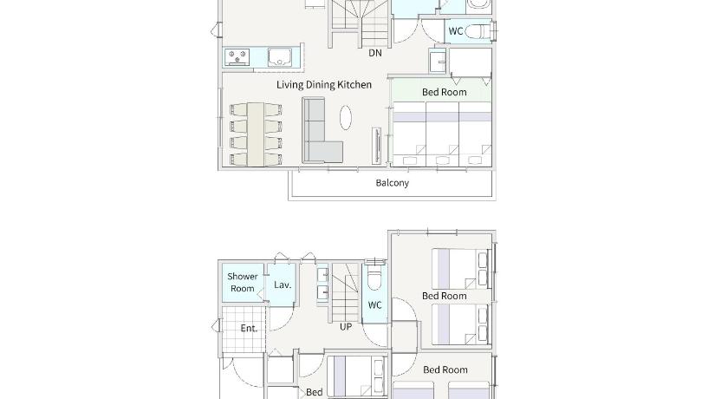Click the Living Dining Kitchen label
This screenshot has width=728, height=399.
[x=324, y=84]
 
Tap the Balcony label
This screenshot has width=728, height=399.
[x=393, y=182]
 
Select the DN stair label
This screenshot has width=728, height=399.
[x=375, y=53]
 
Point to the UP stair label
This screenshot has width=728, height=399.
[x=346, y=327]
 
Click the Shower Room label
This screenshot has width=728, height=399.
[x=243, y=283]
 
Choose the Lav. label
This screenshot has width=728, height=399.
[x=283, y=285]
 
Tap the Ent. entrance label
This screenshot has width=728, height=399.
[x=249, y=329]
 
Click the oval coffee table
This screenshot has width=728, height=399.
[x=346, y=117]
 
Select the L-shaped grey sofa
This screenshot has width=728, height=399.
[x=321, y=130]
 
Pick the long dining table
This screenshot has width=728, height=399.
[x=256, y=134]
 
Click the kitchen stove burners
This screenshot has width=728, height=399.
[x=237, y=56]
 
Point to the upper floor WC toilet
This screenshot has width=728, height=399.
[x=478, y=31]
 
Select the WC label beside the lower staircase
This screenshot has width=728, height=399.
[x=374, y=304]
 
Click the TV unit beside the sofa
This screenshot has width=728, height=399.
[x=376, y=146]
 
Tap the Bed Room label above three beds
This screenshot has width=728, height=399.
[x=445, y=92]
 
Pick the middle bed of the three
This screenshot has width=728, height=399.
[x=443, y=134]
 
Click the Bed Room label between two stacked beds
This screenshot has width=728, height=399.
[x=445, y=296]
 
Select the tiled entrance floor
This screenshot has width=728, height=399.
[x=244, y=330]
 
